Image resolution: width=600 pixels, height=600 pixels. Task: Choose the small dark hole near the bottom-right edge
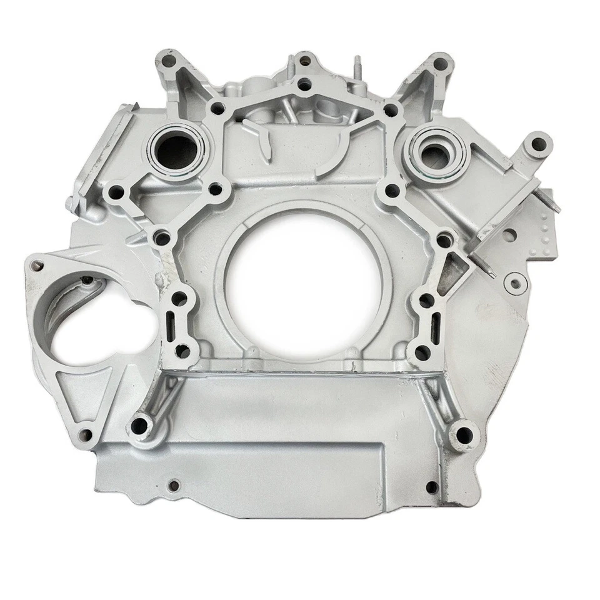[431, 486]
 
